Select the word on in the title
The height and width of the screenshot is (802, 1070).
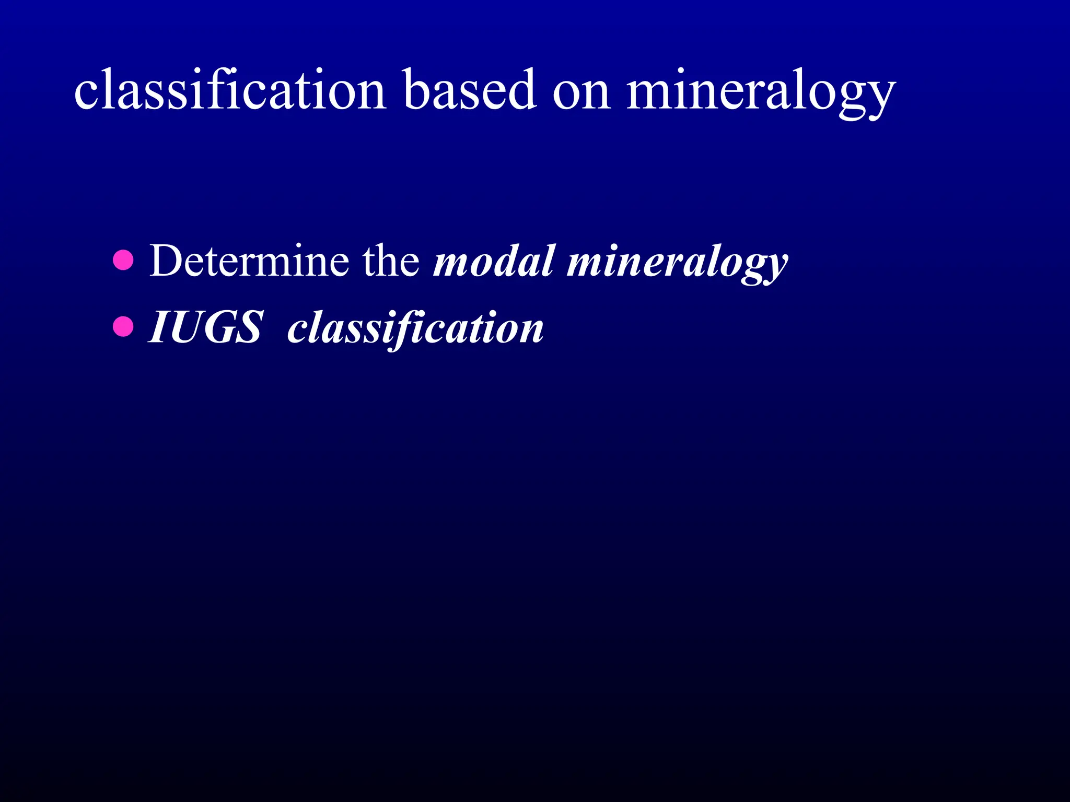[x=581, y=92]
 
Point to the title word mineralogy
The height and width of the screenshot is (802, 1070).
[x=761, y=92]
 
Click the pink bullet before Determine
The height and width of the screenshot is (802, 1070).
[x=123, y=260]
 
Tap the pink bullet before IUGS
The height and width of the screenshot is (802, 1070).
[x=123, y=327]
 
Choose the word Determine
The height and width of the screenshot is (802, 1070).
[x=249, y=261]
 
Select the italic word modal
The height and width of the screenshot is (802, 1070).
[x=493, y=261]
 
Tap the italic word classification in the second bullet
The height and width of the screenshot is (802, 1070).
[x=415, y=329]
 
